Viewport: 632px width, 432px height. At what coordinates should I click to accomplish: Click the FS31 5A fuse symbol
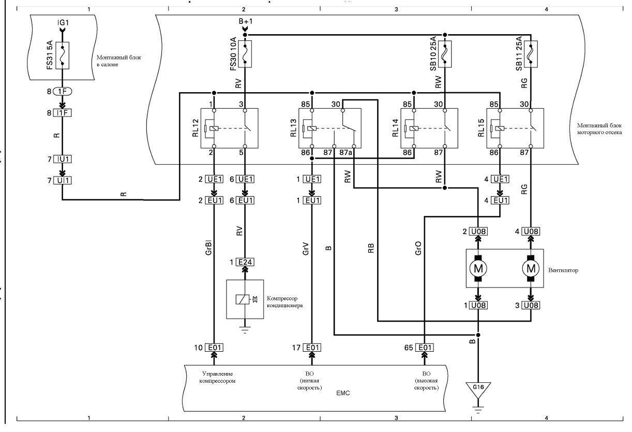tap(63, 55)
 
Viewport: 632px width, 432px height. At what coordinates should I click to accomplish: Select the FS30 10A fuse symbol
tap(245, 54)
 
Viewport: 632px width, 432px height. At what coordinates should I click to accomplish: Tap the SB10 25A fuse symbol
tap(445, 54)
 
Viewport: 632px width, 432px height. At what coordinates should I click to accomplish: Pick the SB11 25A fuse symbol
tap(531, 54)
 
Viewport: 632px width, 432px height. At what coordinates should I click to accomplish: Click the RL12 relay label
tap(195, 128)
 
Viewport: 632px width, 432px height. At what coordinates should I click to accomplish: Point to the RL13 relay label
tap(293, 128)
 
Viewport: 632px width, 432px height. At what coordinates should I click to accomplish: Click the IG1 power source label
tap(63, 23)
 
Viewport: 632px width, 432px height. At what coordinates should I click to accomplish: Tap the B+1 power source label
tap(246, 21)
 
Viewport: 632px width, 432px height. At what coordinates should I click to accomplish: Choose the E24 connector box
tap(245, 262)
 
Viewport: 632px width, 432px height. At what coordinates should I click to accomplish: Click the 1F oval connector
tap(63, 92)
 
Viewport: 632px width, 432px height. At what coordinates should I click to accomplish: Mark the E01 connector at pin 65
tap(425, 348)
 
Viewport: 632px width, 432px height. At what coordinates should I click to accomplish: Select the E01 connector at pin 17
tap(312, 348)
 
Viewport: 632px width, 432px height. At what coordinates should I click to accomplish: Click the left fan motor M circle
tap(478, 268)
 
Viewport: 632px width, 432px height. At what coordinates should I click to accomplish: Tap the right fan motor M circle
tap(531, 268)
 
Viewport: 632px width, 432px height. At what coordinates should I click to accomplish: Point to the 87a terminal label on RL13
tap(345, 153)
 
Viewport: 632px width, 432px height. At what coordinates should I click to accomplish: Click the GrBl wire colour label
tap(208, 248)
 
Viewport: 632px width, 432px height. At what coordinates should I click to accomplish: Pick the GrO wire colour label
tap(418, 248)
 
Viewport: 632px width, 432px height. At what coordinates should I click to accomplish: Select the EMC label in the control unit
tap(343, 393)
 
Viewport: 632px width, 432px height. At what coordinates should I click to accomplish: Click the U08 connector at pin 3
tap(531, 305)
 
